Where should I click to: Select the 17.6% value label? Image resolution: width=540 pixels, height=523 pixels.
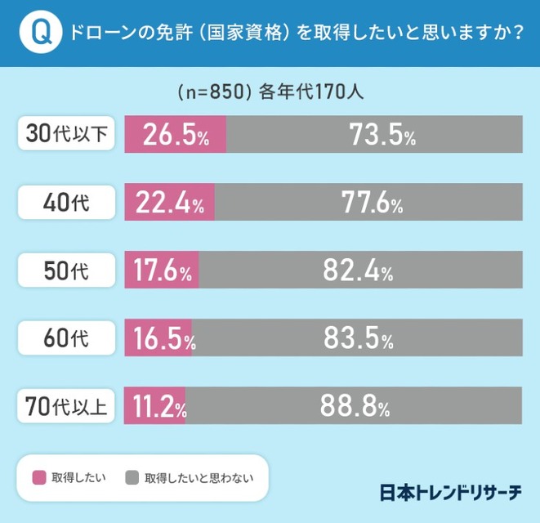[x=161, y=271]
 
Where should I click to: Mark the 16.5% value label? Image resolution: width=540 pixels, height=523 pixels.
[x=159, y=339]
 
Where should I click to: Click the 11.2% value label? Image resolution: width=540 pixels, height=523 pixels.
[x=155, y=406]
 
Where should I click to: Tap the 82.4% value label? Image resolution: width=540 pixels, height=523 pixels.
[x=359, y=271]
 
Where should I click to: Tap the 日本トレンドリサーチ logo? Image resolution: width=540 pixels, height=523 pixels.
[x=450, y=493]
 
